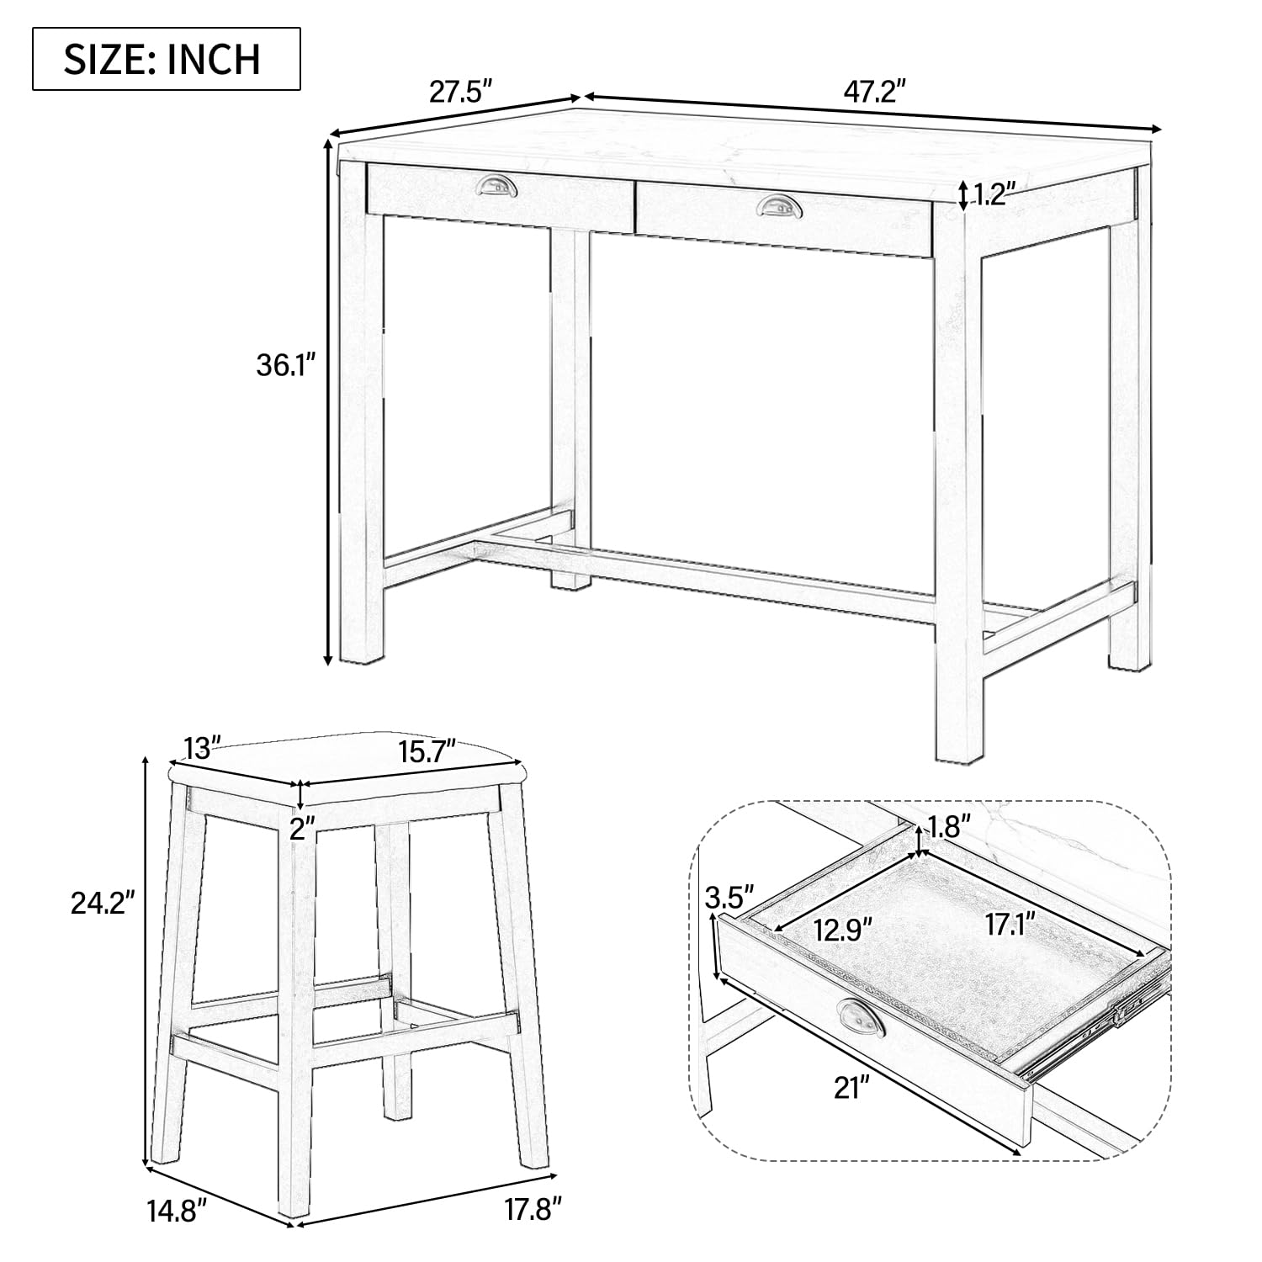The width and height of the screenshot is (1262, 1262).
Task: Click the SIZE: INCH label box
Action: click(x=167, y=59)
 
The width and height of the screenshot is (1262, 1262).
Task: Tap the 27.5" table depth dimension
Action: click(x=460, y=91)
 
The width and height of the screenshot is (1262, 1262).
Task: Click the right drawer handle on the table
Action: click(x=779, y=204)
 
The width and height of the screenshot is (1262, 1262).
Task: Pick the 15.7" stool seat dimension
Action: click(x=427, y=747)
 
